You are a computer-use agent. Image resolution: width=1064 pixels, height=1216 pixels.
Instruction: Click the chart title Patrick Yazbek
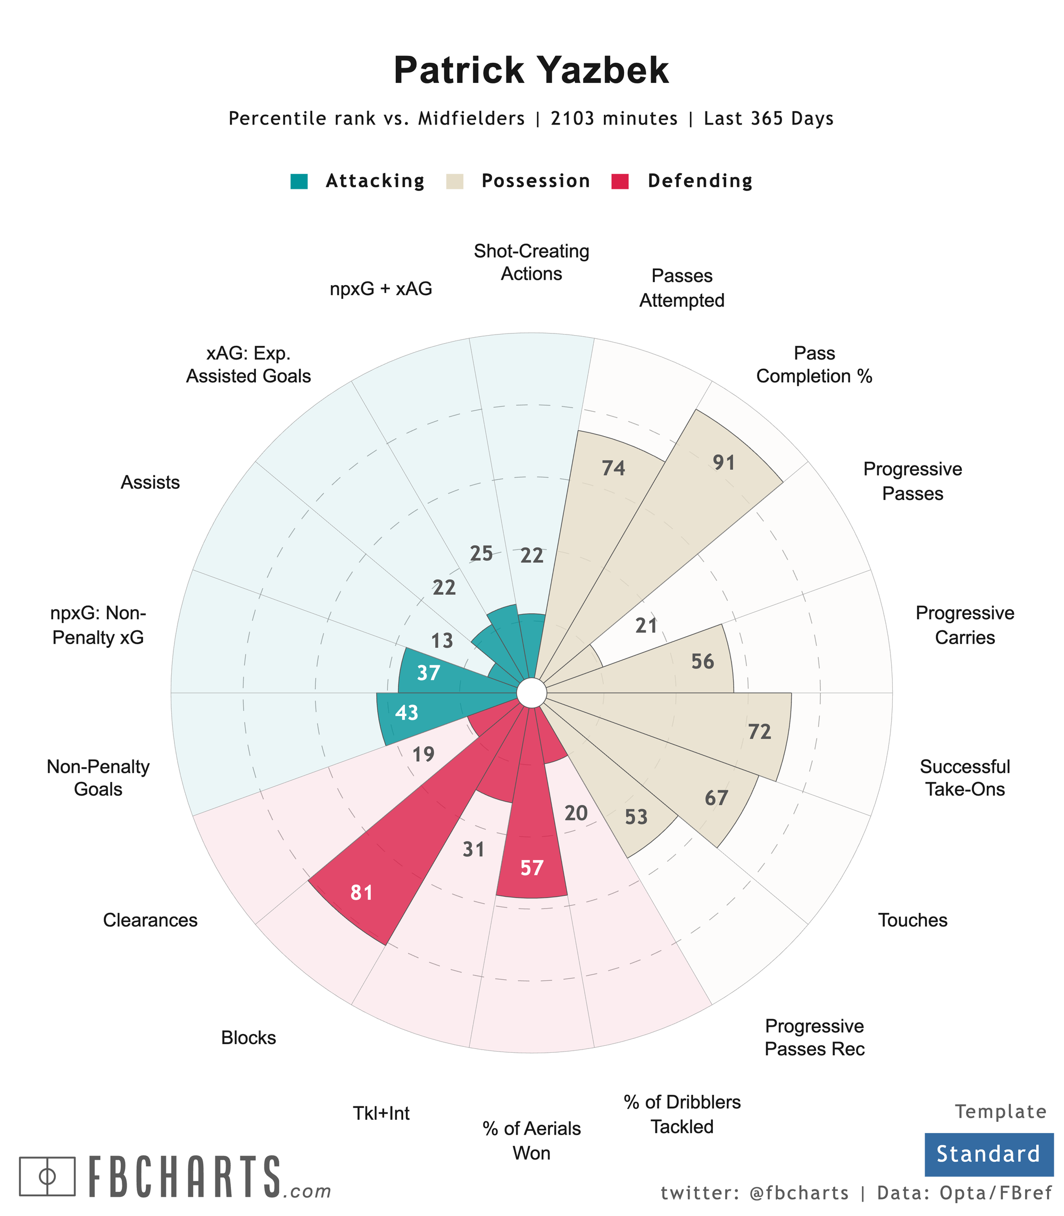pos(531,71)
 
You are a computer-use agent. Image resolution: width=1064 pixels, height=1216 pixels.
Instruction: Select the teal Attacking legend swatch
pos(299,181)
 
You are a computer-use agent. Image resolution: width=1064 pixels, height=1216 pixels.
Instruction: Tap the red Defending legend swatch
pos(620,181)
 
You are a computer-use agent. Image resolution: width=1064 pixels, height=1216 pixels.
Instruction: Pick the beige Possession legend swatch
pos(454,181)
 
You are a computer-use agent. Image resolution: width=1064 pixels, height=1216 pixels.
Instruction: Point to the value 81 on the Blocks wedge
pos(362,893)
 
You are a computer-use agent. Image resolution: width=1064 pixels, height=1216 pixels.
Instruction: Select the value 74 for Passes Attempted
pos(613,469)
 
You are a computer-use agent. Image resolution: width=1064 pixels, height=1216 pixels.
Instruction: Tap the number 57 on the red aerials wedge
pos(531,868)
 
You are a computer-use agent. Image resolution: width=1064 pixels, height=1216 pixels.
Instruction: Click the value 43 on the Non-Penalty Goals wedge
pos(407,712)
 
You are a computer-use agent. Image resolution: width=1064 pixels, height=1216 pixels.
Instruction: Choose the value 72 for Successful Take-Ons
pos(759,732)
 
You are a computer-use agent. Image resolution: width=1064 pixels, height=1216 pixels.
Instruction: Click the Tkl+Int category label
pos(381,1113)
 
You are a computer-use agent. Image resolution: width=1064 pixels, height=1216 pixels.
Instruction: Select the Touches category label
pos(912,920)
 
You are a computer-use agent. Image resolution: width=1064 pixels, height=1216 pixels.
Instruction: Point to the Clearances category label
pos(150,920)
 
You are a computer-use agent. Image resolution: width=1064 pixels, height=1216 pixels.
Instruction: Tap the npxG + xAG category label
pos(381,289)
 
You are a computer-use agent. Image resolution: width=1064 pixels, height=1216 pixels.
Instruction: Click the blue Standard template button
pos(988,1154)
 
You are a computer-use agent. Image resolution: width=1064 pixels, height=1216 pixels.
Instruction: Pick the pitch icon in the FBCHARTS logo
pos(47,1176)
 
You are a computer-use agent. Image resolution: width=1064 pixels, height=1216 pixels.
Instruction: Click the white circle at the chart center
pos(531,693)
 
